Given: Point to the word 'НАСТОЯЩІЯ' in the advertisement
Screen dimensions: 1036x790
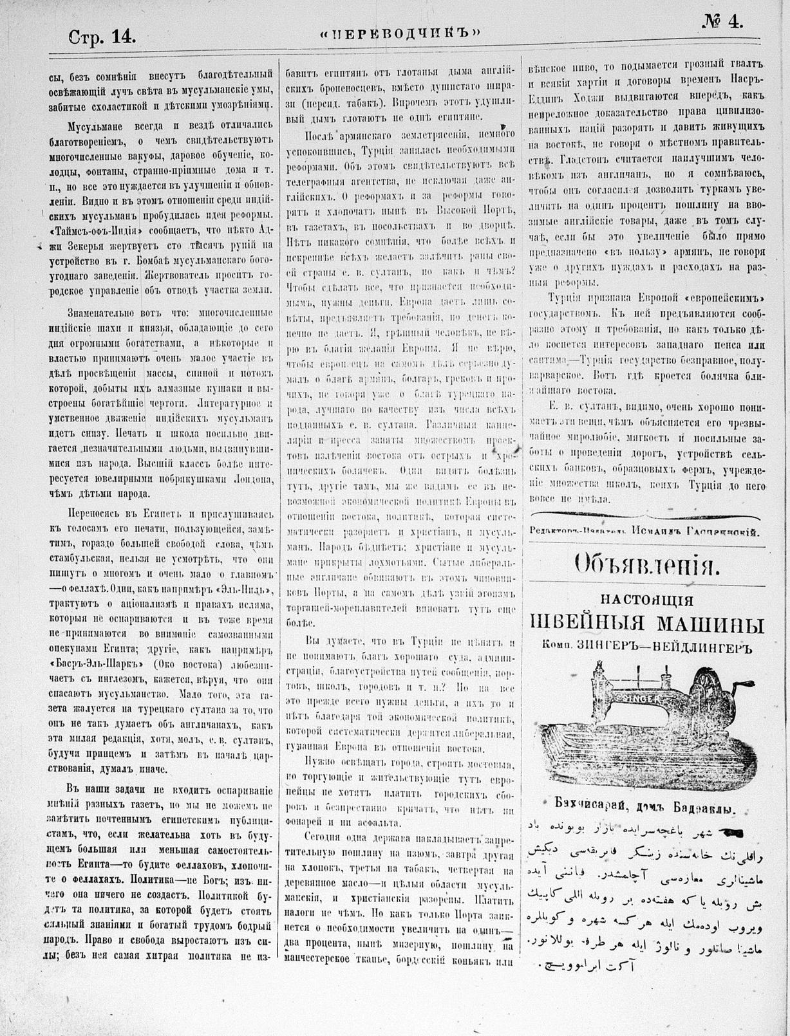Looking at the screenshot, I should [646, 600].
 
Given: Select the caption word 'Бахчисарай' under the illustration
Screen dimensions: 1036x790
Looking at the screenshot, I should [574, 811].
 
